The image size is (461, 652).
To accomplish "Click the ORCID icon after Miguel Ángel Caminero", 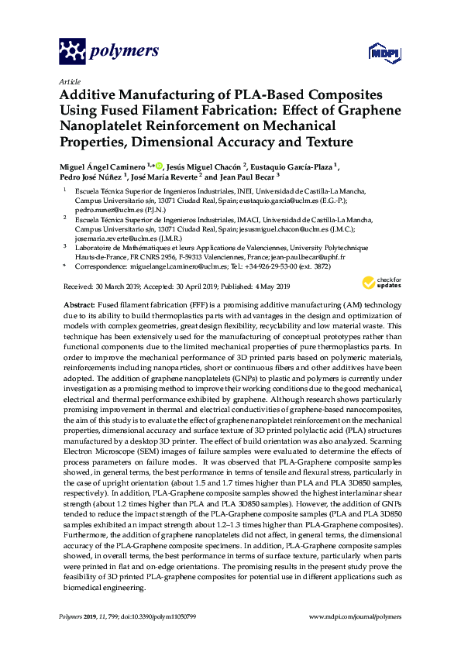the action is click(159, 166).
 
